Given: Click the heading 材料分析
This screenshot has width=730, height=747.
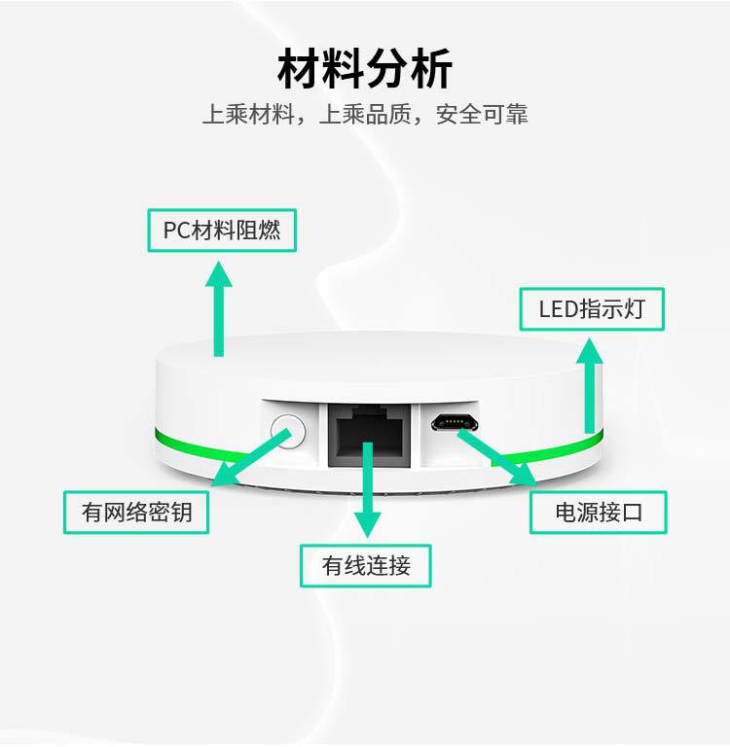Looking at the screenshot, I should (365, 70).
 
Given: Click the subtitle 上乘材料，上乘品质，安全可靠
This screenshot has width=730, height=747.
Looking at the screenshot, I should (365, 115).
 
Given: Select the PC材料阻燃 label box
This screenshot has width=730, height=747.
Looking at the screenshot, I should (222, 231).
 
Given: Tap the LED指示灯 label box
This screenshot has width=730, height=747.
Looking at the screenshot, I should (592, 310).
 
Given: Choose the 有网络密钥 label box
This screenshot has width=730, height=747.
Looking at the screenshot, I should (136, 512).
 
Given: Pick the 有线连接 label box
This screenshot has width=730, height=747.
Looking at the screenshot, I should (366, 565).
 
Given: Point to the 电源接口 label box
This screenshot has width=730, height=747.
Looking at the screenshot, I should (599, 512).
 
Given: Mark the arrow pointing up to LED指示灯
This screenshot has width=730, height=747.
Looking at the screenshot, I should (590, 384).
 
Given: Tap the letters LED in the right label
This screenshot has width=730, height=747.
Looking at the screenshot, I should (558, 310).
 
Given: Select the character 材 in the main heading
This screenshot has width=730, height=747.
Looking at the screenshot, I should (299, 70).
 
